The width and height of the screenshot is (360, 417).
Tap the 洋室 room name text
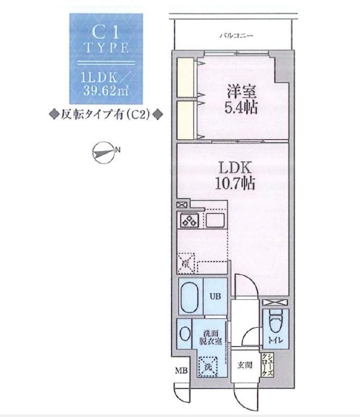pyautogui.click(x=241, y=92)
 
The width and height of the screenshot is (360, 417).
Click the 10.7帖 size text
pyautogui.click(x=235, y=183)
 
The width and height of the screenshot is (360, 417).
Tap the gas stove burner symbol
pyautogui.click(x=188, y=220)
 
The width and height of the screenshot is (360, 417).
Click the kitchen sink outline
pyautogui.click(x=214, y=220)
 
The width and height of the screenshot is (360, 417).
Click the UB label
pyautogui.click(x=215, y=297)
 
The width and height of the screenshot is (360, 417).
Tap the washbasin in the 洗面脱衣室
pyautogui.click(x=185, y=334)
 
